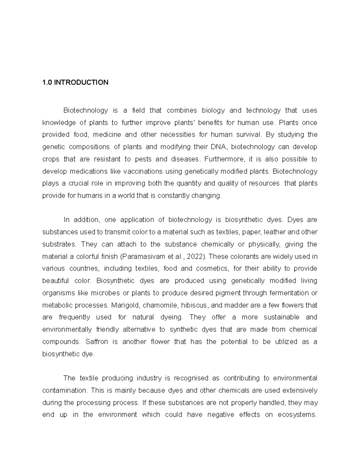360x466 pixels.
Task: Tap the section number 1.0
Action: click(x=47, y=83)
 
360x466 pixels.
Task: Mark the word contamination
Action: click(x=64, y=390)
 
